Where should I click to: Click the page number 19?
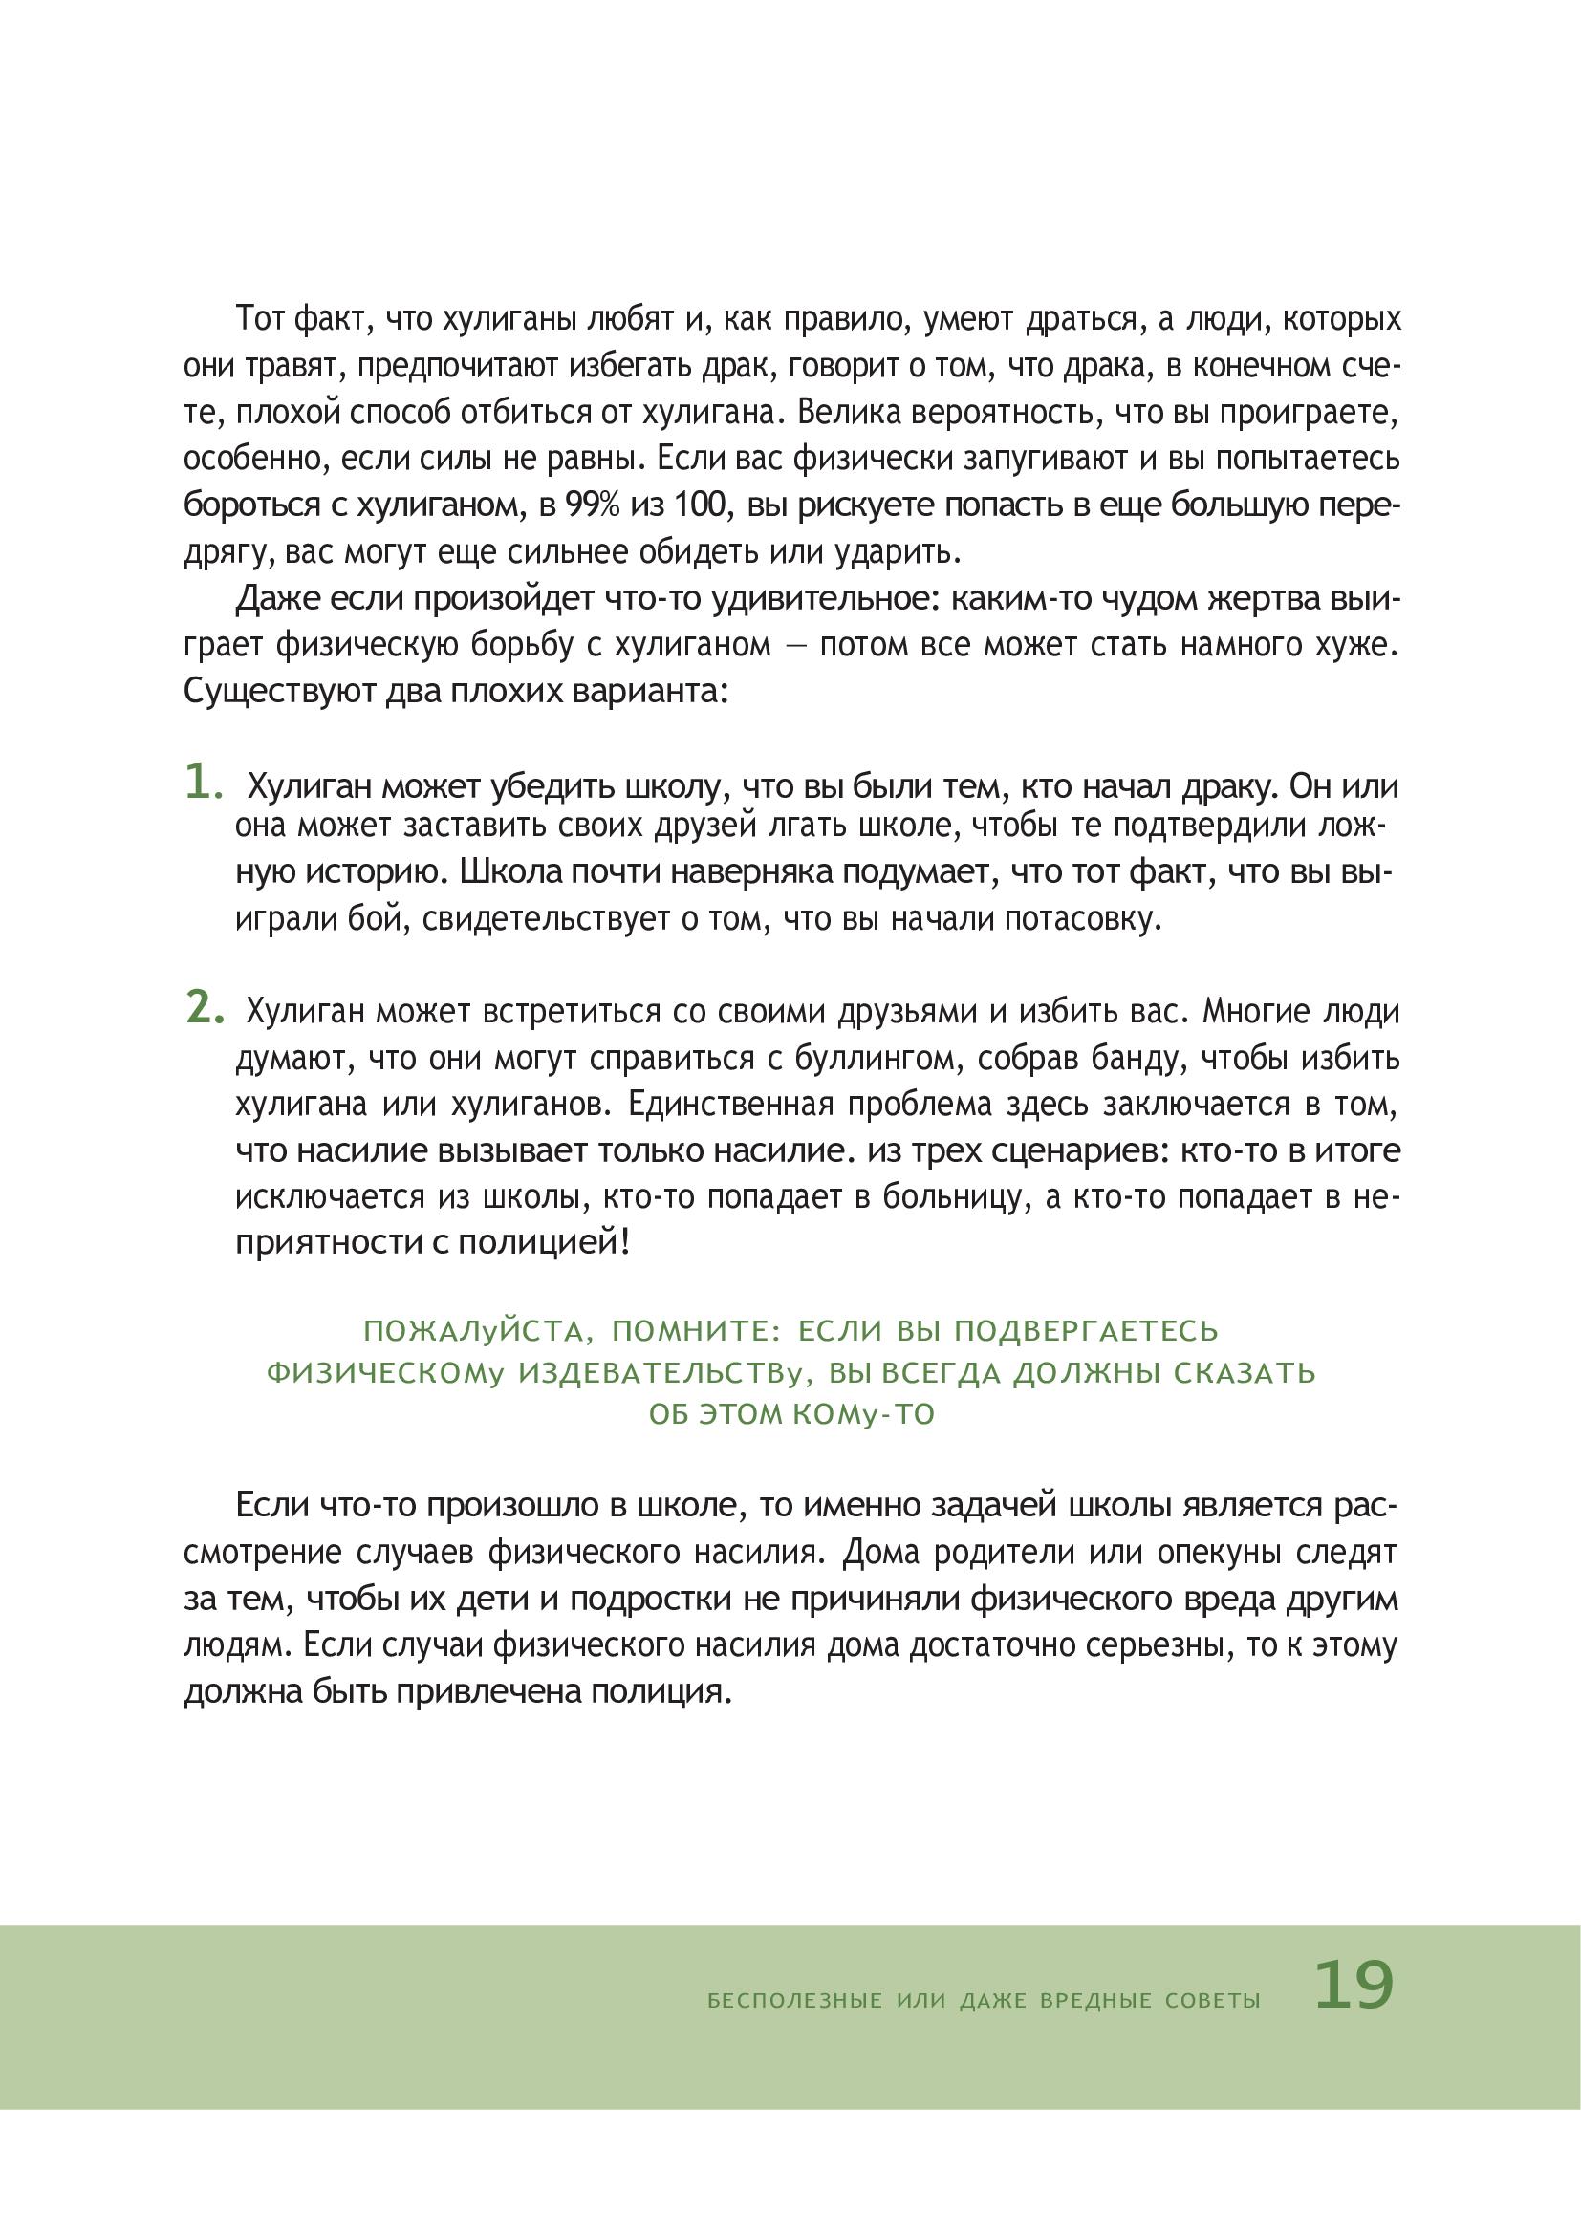tap(1354, 1986)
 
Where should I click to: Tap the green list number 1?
tap(205, 782)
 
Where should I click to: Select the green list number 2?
tap(205, 1007)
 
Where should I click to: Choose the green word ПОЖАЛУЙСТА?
tap(472, 1331)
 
